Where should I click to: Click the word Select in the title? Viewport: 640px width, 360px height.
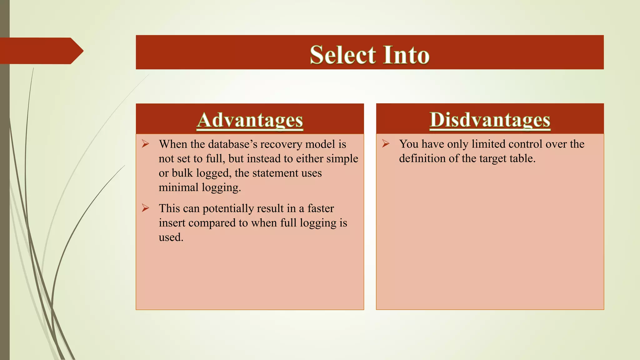[x=342, y=55]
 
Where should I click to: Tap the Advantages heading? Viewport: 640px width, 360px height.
[x=250, y=120]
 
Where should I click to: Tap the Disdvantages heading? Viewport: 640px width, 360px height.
[x=490, y=120]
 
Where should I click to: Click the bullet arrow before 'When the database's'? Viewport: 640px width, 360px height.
[x=145, y=144]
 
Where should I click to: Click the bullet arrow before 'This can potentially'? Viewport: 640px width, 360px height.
[x=145, y=208]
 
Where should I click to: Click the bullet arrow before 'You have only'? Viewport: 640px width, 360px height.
[x=386, y=144]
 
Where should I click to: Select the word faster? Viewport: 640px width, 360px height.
[x=321, y=208]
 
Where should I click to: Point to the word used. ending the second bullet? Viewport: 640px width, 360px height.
[x=171, y=237]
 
